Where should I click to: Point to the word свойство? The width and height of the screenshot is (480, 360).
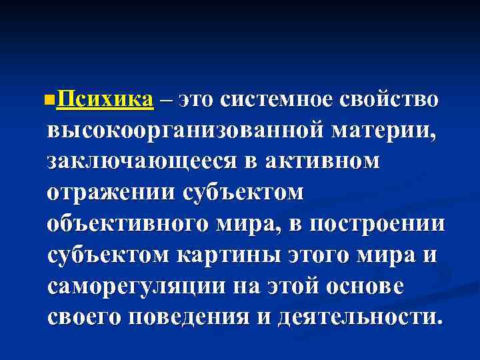[x=389, y=100]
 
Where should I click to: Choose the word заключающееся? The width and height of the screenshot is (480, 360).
[x=138, y=161]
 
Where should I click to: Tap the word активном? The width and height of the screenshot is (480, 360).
[x=322, y=161]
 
